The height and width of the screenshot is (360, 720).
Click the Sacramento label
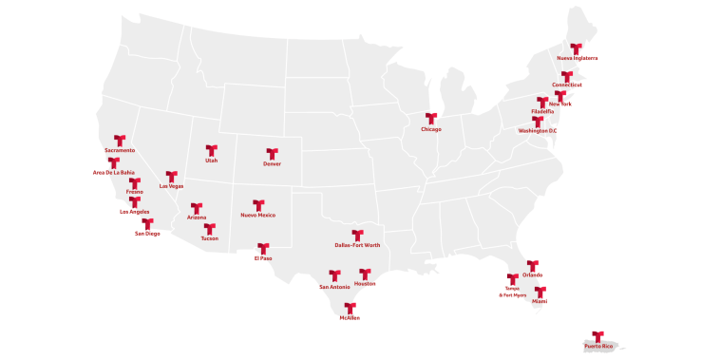[x=120, y=150]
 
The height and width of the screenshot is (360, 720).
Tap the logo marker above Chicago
[x=431, y=119]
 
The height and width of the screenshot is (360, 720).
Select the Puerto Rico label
[x=598, y=347]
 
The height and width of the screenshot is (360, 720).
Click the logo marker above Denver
[x=272, y=153]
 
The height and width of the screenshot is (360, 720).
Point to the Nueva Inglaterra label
[x=577, y=58]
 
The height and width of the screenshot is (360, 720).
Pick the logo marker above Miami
[x=540, y=292]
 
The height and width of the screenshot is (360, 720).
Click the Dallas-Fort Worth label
[x=358, y=245]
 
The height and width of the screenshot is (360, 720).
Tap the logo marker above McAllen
[x=350, y=308]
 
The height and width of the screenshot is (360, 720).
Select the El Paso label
[x=263, y=258]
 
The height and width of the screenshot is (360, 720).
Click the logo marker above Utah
[x=211, y=150]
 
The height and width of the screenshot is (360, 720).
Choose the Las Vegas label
[x=172, y=186]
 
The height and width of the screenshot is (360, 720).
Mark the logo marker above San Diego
[x=147, y=223]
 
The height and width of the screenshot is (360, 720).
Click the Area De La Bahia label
[x=114, y=172]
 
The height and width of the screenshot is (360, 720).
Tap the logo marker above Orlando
[x=533, y=265]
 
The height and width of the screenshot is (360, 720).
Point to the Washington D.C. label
[x=538, y=130]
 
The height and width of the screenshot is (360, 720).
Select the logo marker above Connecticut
[x=567, y=76]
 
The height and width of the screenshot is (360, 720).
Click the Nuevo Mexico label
[x=258, y=215]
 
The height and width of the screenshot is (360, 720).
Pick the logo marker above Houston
[x=365, y=274]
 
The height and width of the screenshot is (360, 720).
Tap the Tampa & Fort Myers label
[x=513, y=292]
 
